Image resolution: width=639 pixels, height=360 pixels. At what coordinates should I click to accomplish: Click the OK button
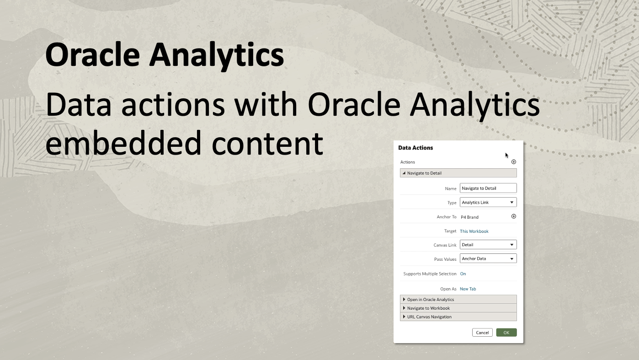pyautogui.click(x=506, y=333)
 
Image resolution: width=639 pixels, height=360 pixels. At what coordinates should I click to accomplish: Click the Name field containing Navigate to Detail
pyautogui.click(x=488, y=188)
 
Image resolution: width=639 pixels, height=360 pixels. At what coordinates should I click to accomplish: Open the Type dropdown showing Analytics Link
pyautogui.click(x=488, y=202)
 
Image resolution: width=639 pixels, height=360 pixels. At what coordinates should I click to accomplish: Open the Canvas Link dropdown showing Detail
pyautogui.click(x=488, y=245)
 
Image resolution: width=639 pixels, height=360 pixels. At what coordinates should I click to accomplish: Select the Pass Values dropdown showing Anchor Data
pyautogui.click(x=488, y=258)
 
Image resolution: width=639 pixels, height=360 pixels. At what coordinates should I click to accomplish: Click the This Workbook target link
pyautogui.click(x=474, y=231)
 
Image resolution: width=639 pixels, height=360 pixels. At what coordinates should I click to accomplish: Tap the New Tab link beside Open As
pyautogui.click(x=468, y=289)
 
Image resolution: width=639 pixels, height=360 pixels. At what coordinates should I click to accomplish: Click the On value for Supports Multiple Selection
pyautogui.click(x=463, y=274)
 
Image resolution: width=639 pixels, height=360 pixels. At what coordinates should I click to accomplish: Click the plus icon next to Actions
pyautogui.click(x=513, y=162)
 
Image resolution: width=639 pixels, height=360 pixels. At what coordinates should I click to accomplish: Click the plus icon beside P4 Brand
pyautogui.click(x=513, y=216)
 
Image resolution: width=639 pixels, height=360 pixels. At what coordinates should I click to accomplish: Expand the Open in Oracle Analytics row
pyautogui.click(x=430, y=300)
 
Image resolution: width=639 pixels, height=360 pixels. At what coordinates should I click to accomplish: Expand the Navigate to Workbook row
pyautogui.click(x=428, y=308)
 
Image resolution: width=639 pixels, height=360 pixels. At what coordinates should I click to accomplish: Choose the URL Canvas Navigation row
pyautogui.click(x=429, y=317)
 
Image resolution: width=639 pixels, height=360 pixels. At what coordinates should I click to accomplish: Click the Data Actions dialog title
pyautogui.click(x=415, y=148)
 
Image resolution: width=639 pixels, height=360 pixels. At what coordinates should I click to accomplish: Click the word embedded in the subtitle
pyautogui.click(x=123, y=142)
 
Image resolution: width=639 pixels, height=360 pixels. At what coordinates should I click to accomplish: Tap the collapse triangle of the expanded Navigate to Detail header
pyautogui.click(x=404, y=173)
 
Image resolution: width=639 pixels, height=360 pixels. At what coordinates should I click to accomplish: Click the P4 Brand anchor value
pyautogui.click(x=469, y=217)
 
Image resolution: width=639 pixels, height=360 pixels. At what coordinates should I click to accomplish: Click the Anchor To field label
pyautogui.click(x=447, y=217)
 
